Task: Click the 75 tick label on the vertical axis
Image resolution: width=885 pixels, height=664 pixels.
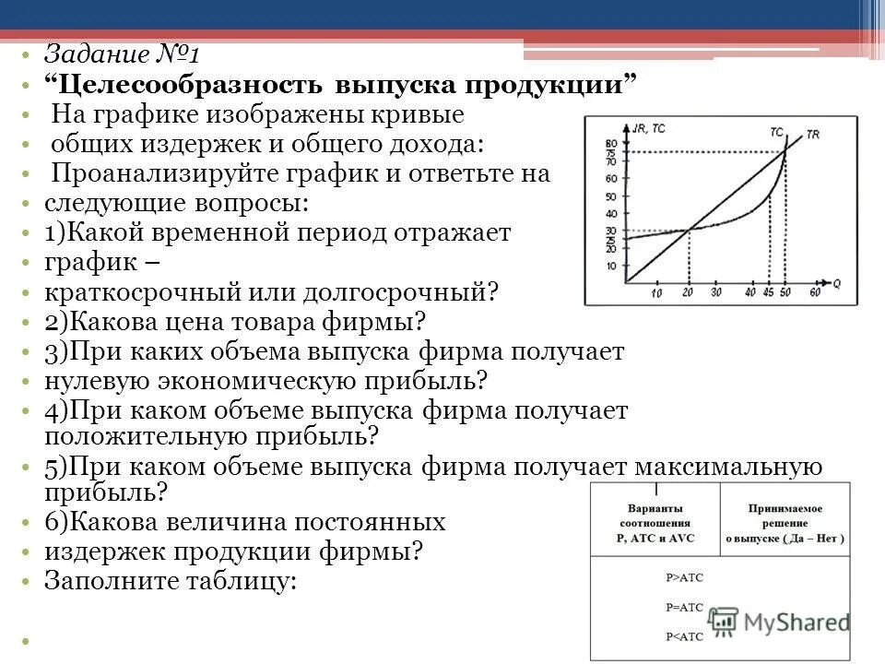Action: click(609, 151)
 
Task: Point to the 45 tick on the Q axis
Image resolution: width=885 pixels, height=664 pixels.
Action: click(769, 293)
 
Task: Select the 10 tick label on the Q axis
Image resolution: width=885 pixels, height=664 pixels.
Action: click(655, 293)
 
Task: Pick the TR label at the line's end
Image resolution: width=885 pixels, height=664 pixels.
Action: click(813, 135)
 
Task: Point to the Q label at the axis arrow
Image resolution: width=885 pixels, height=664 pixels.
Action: click(834, 275)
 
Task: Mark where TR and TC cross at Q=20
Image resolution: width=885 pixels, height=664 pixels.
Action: click(688, 231)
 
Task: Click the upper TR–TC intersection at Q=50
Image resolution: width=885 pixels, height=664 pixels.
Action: click(785, 151)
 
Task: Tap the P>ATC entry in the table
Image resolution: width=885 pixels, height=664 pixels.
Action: click(683, 577)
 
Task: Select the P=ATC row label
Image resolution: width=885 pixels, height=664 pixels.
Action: click(683, 608)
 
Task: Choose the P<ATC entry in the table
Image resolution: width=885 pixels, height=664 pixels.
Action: click(683, 636)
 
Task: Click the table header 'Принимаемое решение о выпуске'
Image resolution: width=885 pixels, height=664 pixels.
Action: click(785, 524)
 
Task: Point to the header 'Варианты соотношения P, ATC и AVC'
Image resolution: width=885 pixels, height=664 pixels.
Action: click(655, 524)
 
